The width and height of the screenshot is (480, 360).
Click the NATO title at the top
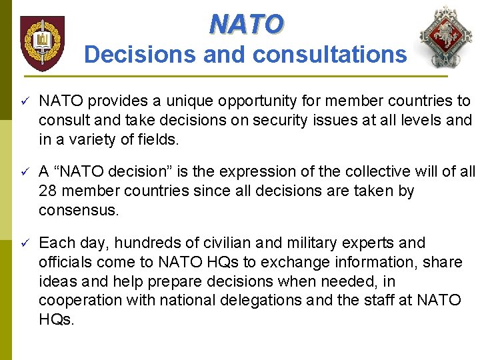point(246,25)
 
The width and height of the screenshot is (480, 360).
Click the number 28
point(48,191)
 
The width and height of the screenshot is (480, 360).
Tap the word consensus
point(78,210)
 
